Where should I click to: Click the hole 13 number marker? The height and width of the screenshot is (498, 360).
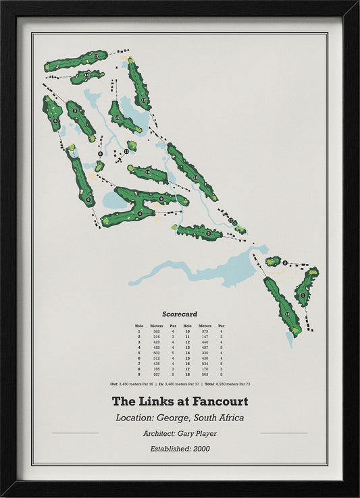pos(97,56)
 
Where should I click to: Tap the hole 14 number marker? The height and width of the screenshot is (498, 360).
pos(87,75)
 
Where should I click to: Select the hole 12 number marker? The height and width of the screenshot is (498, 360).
pos(143,100)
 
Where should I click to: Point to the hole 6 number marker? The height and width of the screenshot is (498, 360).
pos(55,121)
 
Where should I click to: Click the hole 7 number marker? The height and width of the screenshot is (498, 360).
pos(75,111)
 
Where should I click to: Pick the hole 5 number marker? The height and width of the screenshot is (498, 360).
pos(88,200)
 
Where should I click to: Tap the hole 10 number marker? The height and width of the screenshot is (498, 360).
pos(148,173)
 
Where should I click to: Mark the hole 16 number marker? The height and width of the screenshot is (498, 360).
pos(195,177)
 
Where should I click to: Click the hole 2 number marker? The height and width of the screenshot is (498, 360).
pos(285,262)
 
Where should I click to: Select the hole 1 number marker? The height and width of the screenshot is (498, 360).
pos(303,295)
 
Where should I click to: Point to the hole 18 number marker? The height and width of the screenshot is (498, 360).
pos(288,314)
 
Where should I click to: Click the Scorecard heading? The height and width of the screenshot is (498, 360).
pos(180,314)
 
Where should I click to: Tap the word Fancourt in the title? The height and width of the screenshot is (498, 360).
pos(216,401)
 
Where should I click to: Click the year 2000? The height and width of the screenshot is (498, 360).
pos(203,449)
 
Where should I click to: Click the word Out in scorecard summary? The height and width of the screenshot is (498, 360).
pos(114,384)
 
